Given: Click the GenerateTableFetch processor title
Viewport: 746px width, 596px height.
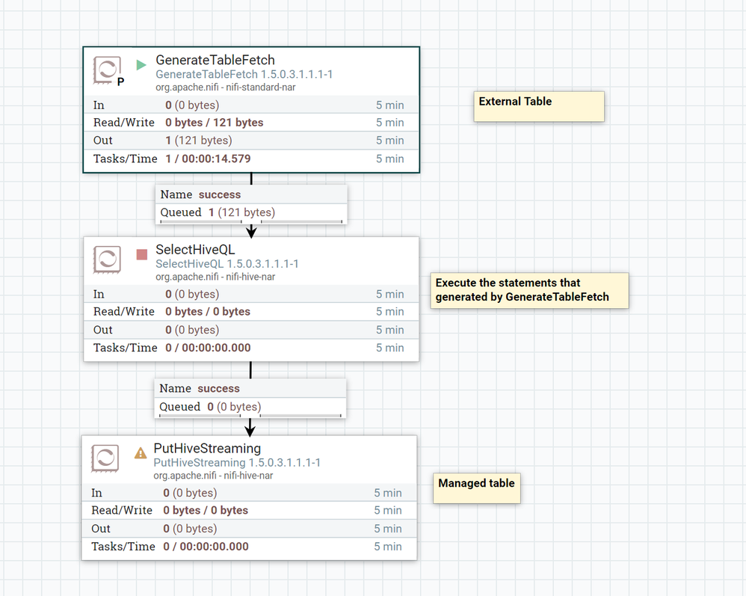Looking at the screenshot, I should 215,61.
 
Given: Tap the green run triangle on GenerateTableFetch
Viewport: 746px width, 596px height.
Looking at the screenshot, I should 141,65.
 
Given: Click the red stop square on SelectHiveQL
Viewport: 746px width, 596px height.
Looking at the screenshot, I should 142,254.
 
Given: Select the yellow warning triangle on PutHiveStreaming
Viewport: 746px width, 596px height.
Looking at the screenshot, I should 141,452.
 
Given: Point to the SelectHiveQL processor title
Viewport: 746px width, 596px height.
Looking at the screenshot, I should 195,250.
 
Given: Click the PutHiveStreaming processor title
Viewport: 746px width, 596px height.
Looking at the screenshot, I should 207,449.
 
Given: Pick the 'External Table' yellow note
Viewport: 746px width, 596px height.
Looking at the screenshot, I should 538,106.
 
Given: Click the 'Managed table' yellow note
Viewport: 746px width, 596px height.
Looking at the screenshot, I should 476,488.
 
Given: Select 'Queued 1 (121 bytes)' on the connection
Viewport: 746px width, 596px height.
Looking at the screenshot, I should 218,212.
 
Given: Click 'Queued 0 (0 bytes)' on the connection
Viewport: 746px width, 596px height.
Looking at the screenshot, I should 210,407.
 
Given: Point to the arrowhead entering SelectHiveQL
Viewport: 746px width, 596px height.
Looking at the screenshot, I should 251,231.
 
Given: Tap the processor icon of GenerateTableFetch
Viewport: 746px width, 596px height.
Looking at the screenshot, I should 107,70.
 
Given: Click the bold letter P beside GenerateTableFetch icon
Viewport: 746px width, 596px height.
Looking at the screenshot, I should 121,82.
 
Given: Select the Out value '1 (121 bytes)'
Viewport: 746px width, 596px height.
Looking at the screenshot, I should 198,141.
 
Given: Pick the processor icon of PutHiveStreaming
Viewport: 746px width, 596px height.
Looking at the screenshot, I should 105,458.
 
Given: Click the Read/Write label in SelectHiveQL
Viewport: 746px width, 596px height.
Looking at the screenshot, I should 124,312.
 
